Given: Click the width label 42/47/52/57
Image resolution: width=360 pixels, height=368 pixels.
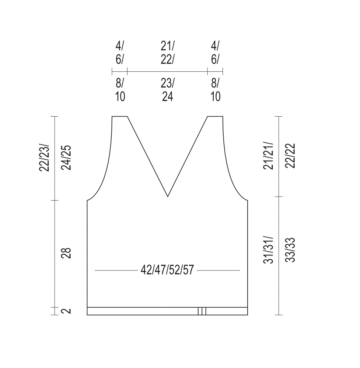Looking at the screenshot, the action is (167, 270).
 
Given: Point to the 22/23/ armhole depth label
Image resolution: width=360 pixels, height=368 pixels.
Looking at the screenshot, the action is (44, 158).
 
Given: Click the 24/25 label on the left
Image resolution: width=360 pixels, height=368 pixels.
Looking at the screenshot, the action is (66, 158).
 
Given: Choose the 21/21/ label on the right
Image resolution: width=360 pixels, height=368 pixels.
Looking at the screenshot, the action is (268, 155).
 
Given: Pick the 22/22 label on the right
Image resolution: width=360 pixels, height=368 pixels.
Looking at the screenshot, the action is (290, 155).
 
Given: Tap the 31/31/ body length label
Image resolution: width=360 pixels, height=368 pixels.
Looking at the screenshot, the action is (268, 250).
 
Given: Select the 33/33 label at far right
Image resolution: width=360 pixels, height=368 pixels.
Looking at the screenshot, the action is (290, 250).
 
